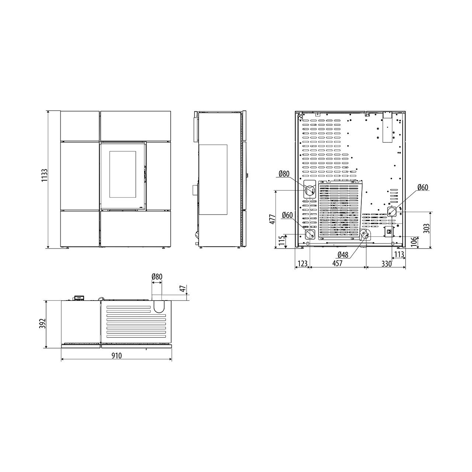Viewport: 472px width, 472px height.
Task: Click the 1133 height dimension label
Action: pos(44,175)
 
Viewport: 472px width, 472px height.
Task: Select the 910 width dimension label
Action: pos(117,355)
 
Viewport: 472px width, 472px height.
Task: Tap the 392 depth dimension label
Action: pos(43,324)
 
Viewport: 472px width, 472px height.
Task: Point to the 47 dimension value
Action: pos(183,289)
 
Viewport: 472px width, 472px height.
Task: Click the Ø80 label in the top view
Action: pos(157,277)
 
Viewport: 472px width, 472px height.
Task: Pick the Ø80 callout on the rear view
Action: pos(284,174)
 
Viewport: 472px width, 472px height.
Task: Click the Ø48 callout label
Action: pos(343,255)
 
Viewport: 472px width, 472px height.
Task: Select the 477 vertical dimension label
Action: pos(273,219)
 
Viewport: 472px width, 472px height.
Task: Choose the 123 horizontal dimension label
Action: pos(302,264)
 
